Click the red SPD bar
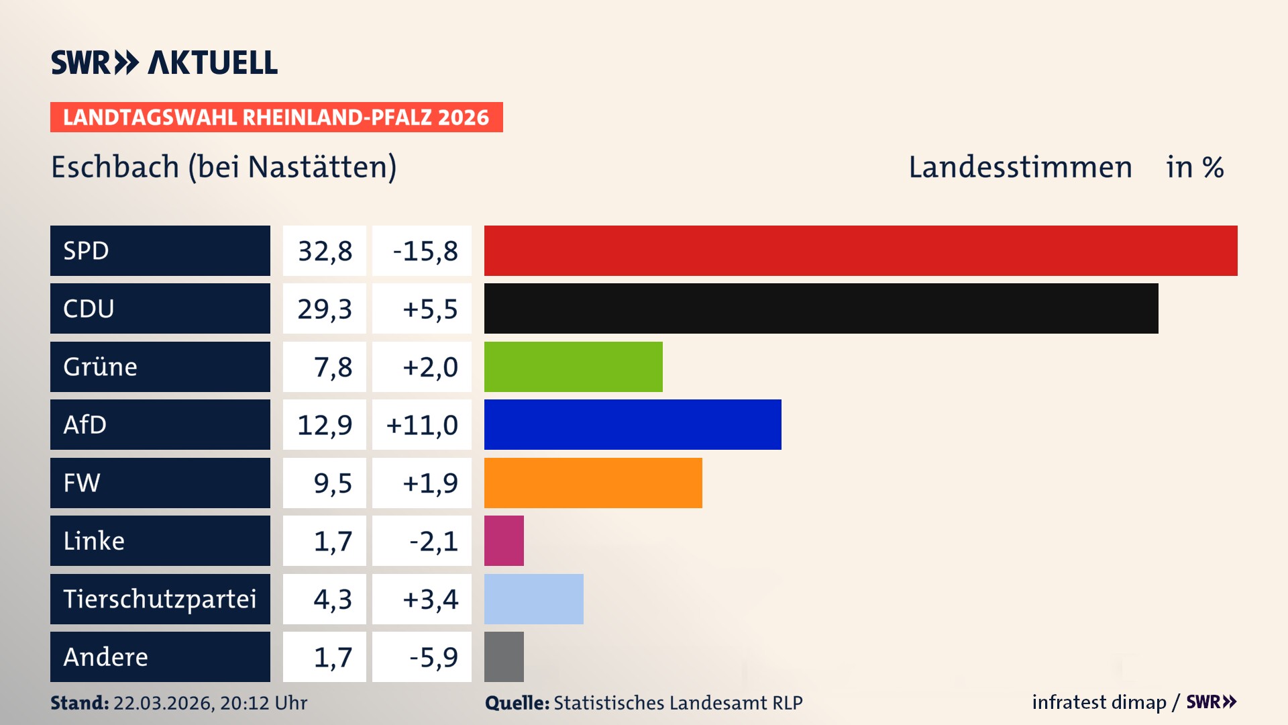(x=861, y=250)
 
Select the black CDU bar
(x=821, y=308)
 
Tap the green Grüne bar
(x=573, y=367)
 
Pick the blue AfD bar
(x=633, y=424)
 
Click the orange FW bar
(x=593, y=483)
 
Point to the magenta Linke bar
(x=504, y=540)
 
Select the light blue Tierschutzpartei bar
(x=533, y=599)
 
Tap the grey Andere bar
(x=504, y=657)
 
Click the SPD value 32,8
(x=325, y=251)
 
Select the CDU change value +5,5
(x=429, y=309)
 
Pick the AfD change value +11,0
(x=422, y=425)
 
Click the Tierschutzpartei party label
(x=160, y=599)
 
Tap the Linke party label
(x=94, y=540)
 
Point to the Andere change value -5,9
(x=433, y=657)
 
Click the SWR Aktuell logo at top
(x=164, y=62)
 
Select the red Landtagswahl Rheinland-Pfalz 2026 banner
(x=276, y=117)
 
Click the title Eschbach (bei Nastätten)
(x=224, y=167)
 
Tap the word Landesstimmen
(x=1020, y=167)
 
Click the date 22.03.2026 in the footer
(x=163, y=703)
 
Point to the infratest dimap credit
(x=1099, y=702)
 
